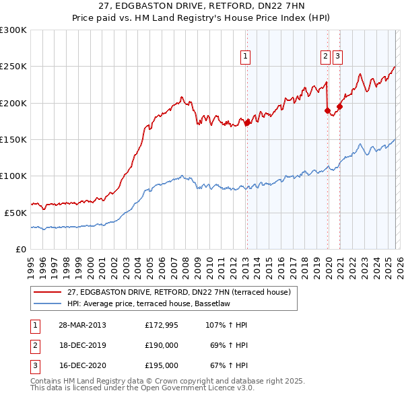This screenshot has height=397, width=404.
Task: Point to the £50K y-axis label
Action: pyautogui.click(x=13, y=212)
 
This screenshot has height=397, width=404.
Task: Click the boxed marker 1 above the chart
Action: pyautogui.click(x=246, y=57)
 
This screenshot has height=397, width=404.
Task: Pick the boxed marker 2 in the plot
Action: pyautogui.click(x=325, y=57)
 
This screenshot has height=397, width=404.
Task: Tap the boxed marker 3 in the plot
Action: pyautogui.click(x=337, y=57)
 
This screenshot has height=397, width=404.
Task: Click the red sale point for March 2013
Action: pyautogui.click(x=247, y=122)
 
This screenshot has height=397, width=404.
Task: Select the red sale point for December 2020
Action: pyautogui.click(x=339, y=106)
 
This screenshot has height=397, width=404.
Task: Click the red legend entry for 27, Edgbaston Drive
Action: pyautogui.click(x=178, y=292)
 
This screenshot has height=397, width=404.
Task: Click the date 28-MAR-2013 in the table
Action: pyautogui.click(x=81, y=325)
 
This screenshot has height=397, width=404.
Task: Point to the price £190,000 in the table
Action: pyautogui.click(x=161, y=345)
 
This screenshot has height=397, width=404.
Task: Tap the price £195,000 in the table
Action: pyautogui.click(x=161, y=365)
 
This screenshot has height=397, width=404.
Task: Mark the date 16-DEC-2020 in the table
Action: pyautogui.click(x=81, y=365)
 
